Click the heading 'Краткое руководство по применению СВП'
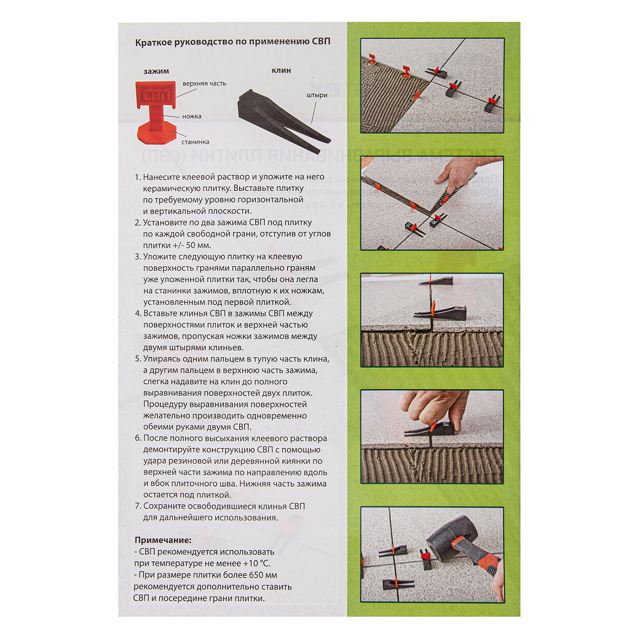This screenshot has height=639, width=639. pyautogui.click(x=233, y=42)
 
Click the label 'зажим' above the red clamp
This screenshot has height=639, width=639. pyautogui.click(x=156, y=71)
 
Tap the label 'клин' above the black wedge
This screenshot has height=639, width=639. pyautogui.click(x=281, y=70)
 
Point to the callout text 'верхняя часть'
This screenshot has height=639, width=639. pyautogui.click(x=204, y=84)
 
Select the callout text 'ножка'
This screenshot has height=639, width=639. pyautogui.click(x=192, y=116)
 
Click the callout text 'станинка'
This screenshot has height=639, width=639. pyautogui.click(x=196, y=142)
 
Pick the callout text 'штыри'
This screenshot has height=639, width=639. pyautogui.click(x=317, y=95)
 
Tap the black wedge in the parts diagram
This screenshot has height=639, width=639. pyautogui.click(x=283, y=121)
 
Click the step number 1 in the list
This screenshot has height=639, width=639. pyautogui.click(x=137, y=177)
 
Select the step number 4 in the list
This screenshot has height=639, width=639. pyautogui.click(x=138, y=314)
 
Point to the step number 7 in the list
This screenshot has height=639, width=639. pyautogui.click(x=138, y=507)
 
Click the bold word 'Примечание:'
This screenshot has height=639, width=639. pyautogui.click(x=163, y=540)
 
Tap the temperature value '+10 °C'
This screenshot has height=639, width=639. pyautogui.click(x=256, y=564)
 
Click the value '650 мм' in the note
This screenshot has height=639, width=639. pyautogui.click(x=263, y=575)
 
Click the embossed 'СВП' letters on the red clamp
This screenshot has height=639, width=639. pyautogui.click(x=155, y=96)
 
